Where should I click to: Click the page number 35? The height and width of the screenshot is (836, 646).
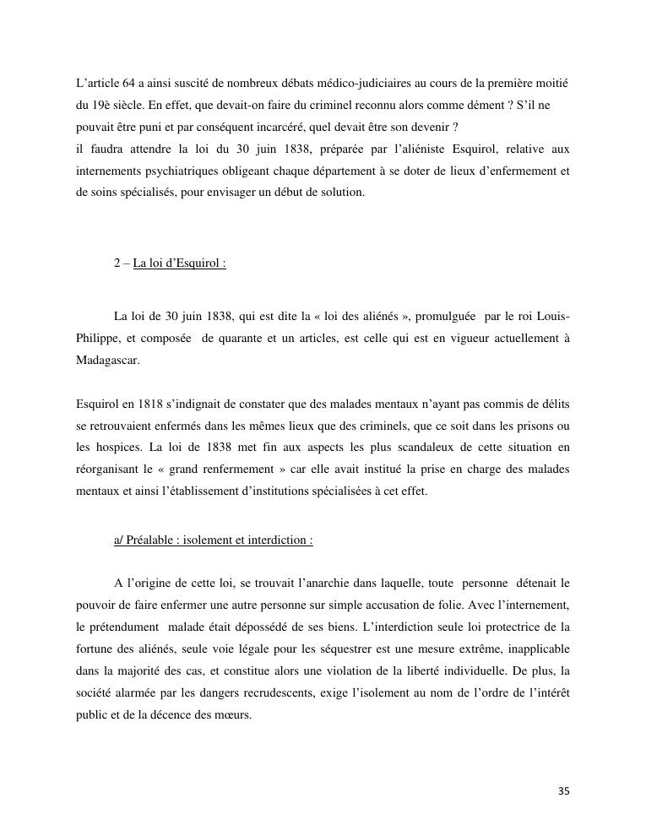(564, 791)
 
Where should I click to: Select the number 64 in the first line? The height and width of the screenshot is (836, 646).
(128, 85)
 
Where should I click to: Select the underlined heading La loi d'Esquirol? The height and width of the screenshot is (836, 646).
(179, 263)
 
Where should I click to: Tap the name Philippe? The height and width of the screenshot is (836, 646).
(98, 338)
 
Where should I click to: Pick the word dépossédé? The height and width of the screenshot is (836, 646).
(315, 627)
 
